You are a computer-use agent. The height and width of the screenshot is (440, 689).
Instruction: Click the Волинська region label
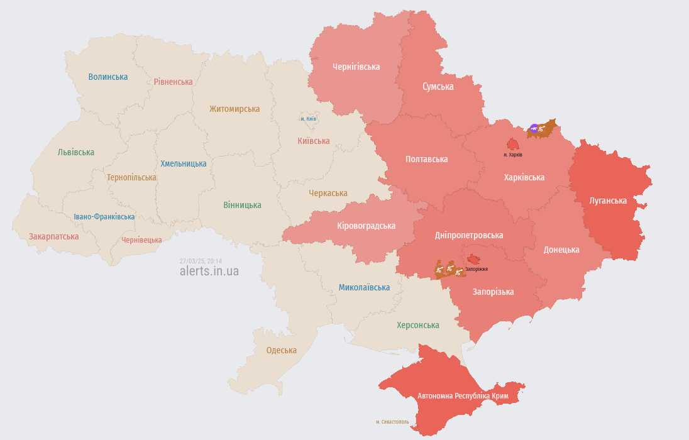(108, 77)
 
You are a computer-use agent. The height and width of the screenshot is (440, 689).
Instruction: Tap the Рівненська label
(174, 82)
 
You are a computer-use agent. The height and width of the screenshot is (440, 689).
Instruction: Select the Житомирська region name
(234, 109)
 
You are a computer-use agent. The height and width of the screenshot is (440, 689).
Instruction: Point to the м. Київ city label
(308, 119)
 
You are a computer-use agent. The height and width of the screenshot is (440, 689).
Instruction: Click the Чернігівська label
(356, 67)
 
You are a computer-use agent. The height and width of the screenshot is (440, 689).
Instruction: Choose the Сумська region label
(438, 87)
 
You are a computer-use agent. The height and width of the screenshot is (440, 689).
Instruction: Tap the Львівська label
(76, 152)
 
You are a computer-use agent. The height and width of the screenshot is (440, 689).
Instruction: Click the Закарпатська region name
(54, 237)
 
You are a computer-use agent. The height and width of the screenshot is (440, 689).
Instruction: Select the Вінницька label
(242, 205)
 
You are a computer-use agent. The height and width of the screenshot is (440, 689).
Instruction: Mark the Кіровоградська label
(366, 226)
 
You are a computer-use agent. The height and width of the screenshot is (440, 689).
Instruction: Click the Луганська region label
(608, 201)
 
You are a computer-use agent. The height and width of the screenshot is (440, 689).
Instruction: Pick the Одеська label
(281, 350)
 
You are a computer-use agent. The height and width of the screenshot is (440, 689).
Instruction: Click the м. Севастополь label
(392, 422)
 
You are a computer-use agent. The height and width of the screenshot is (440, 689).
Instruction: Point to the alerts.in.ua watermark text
(209, 272)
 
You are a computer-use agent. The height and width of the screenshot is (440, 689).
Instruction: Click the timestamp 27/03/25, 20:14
(201, 261)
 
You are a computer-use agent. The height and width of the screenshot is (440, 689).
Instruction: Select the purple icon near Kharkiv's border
(534, 129)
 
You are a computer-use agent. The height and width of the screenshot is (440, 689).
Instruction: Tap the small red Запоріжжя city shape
(473, 260)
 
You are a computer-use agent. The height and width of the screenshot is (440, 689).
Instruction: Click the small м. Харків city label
(513, 155)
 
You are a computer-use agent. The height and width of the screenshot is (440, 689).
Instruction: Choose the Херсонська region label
(418, 325)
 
